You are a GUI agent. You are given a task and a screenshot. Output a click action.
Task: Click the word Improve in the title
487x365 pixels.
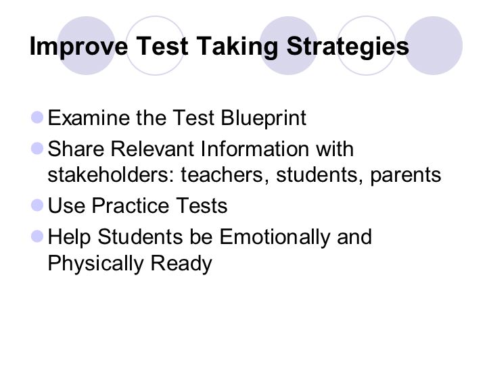pyautogui.click(x=78, y=46)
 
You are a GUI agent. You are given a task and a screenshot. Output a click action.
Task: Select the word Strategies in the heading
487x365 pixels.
pyautogui.click(x=348, y=46)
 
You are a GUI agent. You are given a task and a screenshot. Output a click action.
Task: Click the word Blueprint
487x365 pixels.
pyautogui.click(x=263, y=118)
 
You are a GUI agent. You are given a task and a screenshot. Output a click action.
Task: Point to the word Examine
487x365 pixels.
pyautogui.click(x=89, y=118)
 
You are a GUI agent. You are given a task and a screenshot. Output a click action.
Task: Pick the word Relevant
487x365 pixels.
pyautogui.click(x=152, y=149)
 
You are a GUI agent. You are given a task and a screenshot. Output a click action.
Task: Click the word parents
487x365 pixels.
pyautogui.click(x=405, y=176)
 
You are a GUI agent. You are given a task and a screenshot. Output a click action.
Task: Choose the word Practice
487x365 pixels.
pyautogui.click(x=130, y=205)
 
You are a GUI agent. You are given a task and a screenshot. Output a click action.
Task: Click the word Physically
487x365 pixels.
pyautogui.click(x=95, y=264)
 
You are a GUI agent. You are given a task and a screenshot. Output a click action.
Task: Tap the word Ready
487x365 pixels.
pyautogui.click(x=181, y=264)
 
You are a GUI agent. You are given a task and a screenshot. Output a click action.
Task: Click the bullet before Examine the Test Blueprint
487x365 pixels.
pyautogui.click(x=37, y=118)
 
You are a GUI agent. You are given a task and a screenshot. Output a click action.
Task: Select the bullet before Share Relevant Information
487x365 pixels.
pyautogui.click(x=37, y=148)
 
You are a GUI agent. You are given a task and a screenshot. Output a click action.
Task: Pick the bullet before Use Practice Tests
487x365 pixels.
pyautogui.click(x=37, y=205)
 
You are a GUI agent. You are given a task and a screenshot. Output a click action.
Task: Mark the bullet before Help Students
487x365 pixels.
pyautogui.click(x=37, y=236)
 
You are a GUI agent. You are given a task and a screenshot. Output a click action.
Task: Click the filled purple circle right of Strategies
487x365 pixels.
pyautogui.click(x=434, y=46)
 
